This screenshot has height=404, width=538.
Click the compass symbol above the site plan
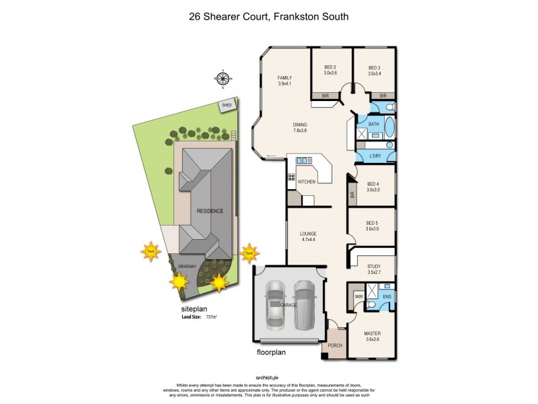pos(223,79)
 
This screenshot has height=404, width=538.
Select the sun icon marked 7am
pos(151,252)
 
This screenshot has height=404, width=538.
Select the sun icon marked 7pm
pos(249,252)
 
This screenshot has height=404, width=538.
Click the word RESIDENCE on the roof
pos(209,211)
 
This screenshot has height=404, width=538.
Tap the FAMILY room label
pos(285,79)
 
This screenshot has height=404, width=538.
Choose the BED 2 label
pos(330,67)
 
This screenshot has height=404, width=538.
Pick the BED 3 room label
pos(375,67)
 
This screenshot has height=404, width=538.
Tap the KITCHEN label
pos(307,182)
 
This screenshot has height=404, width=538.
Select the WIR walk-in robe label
pos(358,296)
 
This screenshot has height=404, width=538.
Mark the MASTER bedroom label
pos(372,334)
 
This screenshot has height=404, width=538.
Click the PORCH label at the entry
pos(334,346)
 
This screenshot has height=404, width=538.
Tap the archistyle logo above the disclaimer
pos(269,378)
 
